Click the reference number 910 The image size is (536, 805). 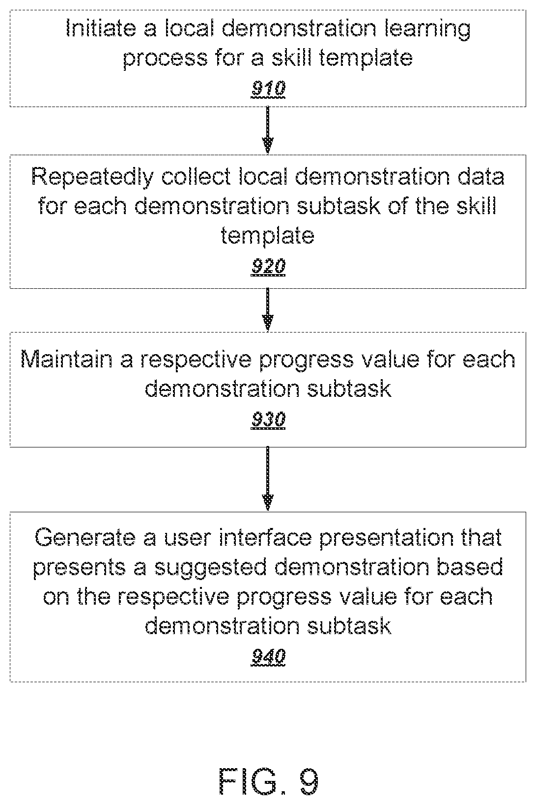(x=268, y=88)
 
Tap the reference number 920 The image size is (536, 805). (x=268, y=266)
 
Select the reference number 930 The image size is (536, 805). (x=268, y=419)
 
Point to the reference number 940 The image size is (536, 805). (x=268, y=657)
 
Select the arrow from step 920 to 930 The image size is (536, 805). (x=268, y=310)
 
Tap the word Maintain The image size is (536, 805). (x=66, y=359)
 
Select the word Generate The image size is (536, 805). (x=85, y=538)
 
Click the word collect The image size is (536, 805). (x=196, y=176)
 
